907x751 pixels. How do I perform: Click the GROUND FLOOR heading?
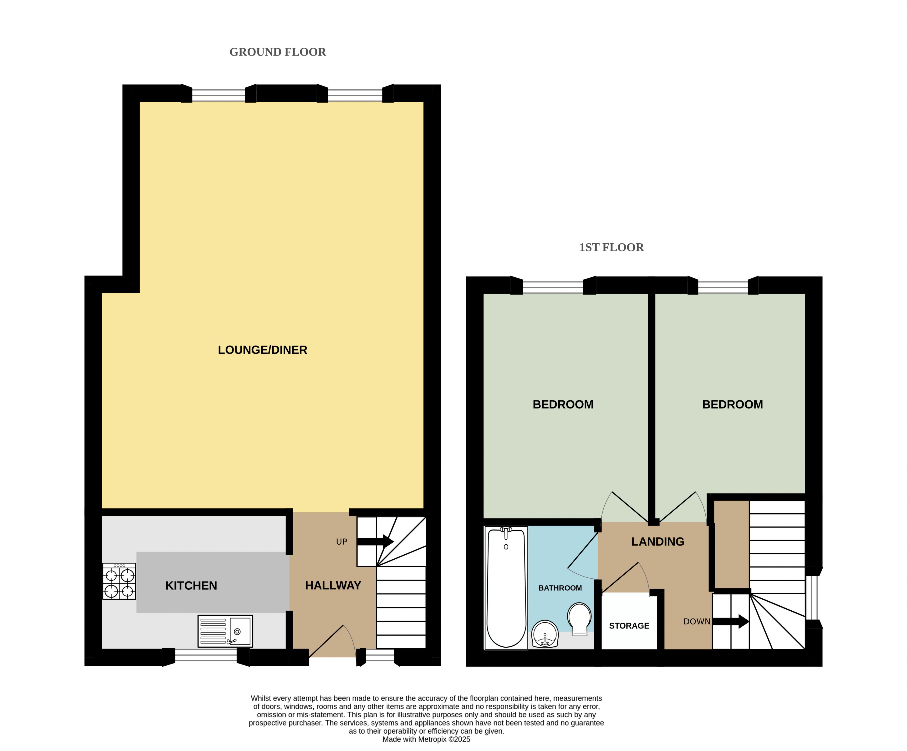pos(277,52)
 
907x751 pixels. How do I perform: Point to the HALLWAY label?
pos(333,586)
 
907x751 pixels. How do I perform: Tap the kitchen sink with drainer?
pos(225,631)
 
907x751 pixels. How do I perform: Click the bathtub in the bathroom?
pos(506,588)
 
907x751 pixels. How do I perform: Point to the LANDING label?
pos(658,542)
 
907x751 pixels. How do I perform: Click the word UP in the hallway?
pos(342,542)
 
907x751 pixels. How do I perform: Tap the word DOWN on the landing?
pos(697,621)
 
